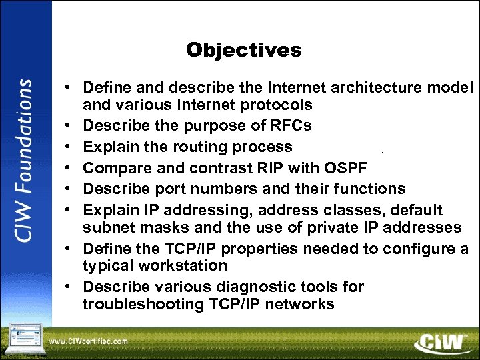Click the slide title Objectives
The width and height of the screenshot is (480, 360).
coord(243,50)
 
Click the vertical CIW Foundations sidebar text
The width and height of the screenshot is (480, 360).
coord(25,161)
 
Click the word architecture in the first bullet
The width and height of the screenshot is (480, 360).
coord(353,87)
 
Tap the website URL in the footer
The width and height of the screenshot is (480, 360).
coord(89,341)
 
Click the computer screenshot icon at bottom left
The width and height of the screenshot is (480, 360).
coord(23,338)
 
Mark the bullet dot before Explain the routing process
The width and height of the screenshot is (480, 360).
coord(69,147)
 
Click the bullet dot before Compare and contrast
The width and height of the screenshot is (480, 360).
coord(69,169)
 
